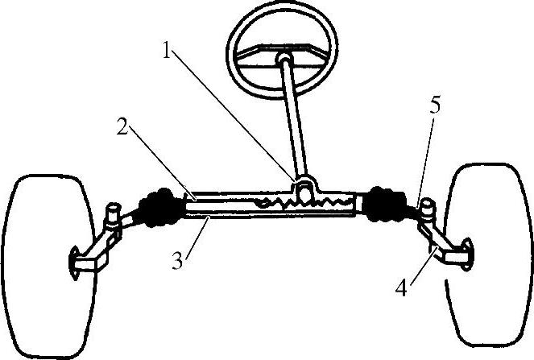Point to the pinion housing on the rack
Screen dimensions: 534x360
pyautogui.click(x=303, y=192)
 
